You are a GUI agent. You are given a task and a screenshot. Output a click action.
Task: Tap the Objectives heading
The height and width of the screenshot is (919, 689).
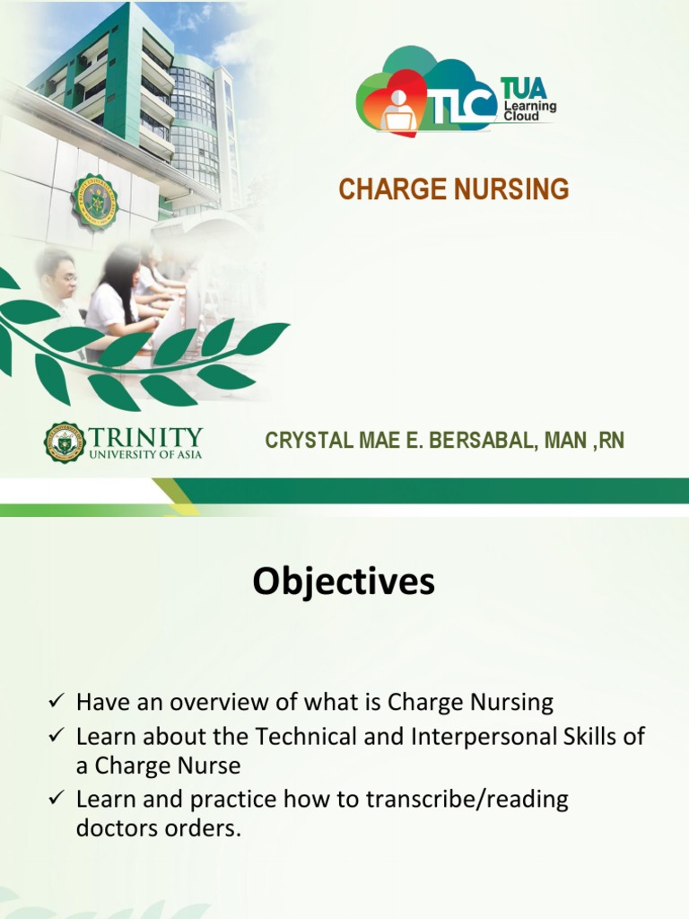click(x=344, y=582)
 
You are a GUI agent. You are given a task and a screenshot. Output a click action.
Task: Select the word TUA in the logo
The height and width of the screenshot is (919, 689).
click(x=523, y=89)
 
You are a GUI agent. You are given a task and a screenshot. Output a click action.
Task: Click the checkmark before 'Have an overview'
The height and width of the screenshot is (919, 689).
click(x=57, y=700)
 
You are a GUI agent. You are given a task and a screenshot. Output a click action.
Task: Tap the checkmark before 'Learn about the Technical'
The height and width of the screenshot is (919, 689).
click(x=57, y=736)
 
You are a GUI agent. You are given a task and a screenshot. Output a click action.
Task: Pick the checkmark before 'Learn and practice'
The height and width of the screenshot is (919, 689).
click(x=57, y=799)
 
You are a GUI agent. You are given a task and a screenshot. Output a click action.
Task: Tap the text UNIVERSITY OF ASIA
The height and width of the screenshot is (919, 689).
click(x=148, y=454)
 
